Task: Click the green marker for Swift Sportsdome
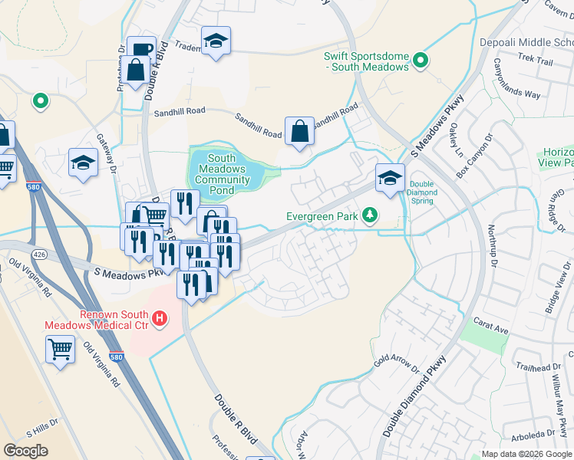pyautogui.click(x=420, y=60)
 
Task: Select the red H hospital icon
pyautogui.click(x=160, y=317)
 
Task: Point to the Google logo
pyautogui.click(x=25, y=451)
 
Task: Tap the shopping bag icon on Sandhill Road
pyautogui.click(x=299, y=132)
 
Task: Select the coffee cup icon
pyautogui.click(x=140, y=50)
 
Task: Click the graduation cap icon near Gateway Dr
pyautogui.click(x=83, y=163)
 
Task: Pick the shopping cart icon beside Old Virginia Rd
pyautogui.click(x=60, y=350)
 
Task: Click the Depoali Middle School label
pyautogui.click(x=526, y=41)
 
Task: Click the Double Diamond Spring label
pyautogui.click(x=421, y=192)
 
